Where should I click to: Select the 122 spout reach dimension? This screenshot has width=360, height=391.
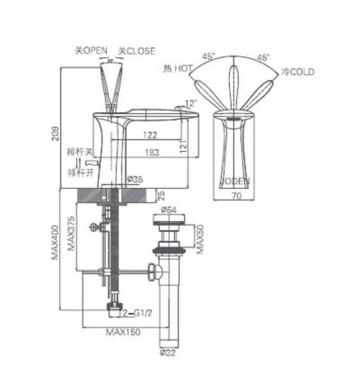[x=150, y=135]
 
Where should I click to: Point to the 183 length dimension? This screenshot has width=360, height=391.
[x=151, y=152]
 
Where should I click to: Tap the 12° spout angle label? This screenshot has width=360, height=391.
[x=191, y=103]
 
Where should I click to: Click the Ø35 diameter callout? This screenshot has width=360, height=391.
[x=136, y=179]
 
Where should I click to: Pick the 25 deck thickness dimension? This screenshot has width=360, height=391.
[x=162, y=195]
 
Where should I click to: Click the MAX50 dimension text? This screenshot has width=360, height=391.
[x=200, y=239]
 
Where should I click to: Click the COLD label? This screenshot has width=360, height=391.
[x=301, y=71]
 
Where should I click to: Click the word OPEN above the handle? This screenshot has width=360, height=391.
[x=95, y=50]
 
